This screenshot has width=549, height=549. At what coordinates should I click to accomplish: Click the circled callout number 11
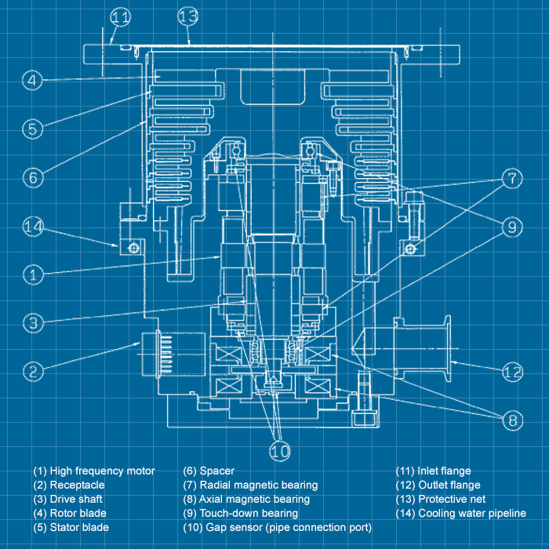120,16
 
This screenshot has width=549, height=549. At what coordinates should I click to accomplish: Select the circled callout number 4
31,80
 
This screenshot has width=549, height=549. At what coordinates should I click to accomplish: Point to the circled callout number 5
31,128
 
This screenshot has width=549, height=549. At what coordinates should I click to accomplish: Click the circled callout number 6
31,177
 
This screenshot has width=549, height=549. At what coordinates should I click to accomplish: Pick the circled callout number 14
31,227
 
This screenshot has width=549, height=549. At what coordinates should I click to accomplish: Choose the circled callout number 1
31,274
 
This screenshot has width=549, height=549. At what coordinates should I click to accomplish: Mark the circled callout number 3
31,322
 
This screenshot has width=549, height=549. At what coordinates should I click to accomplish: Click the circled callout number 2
31,371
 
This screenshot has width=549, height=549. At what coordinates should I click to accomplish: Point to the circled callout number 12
511,371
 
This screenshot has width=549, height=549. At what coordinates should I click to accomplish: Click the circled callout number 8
511,420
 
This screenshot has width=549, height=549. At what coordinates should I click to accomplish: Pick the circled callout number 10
280,451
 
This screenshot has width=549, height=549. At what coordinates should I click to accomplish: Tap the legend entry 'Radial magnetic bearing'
250,485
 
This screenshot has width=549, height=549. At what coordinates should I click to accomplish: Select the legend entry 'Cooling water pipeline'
462,514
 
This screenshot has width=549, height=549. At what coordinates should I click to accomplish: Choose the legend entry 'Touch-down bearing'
240,514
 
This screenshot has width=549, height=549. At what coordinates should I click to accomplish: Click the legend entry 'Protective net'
441,500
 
